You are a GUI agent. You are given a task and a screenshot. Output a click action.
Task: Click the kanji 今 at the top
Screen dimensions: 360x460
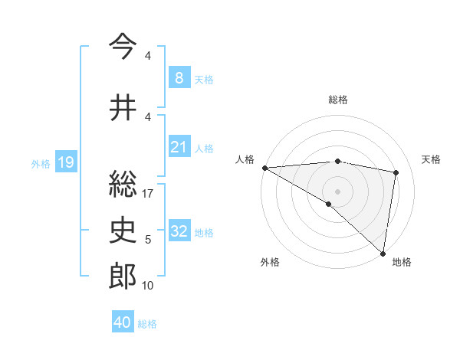click(123, 47)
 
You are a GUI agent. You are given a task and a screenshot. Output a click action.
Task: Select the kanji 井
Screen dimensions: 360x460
click(123, 108)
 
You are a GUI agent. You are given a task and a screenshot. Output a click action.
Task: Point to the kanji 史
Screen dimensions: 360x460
click(123, 231)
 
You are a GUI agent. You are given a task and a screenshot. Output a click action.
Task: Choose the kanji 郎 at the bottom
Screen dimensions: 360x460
click(123, 277)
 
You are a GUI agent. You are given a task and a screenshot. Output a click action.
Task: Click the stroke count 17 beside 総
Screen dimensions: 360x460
click(148, 194)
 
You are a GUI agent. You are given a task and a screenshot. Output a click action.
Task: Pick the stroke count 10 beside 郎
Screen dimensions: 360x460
click(148, 286)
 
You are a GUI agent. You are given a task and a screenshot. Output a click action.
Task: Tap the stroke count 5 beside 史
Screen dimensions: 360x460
click(148, 240)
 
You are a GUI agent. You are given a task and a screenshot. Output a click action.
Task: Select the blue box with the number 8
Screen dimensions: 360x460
click(179, 77)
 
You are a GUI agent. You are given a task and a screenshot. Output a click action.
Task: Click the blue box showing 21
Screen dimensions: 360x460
click(179, 147)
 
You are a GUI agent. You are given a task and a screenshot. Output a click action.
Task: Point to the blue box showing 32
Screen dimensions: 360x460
click(179, 231)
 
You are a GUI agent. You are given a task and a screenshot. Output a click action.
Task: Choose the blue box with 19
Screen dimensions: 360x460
click(65, 162)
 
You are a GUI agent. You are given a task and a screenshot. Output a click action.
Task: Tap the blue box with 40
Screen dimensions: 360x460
click(123, 322)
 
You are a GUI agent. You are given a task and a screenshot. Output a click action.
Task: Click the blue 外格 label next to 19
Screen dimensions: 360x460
click(41, 163)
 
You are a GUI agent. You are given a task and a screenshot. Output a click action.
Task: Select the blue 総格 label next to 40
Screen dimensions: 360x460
click(147, 324)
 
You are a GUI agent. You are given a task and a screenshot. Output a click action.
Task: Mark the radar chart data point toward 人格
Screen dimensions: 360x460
click(264, 168)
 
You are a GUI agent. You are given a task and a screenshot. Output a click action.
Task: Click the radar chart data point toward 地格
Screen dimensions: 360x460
click(383, 253)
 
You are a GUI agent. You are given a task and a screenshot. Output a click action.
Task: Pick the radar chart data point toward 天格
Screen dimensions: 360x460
click(396, 172)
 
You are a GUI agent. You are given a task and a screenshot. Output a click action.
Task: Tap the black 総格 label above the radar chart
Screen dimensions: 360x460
click(338, 100)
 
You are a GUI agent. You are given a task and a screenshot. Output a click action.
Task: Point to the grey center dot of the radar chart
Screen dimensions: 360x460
click(337, 191)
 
